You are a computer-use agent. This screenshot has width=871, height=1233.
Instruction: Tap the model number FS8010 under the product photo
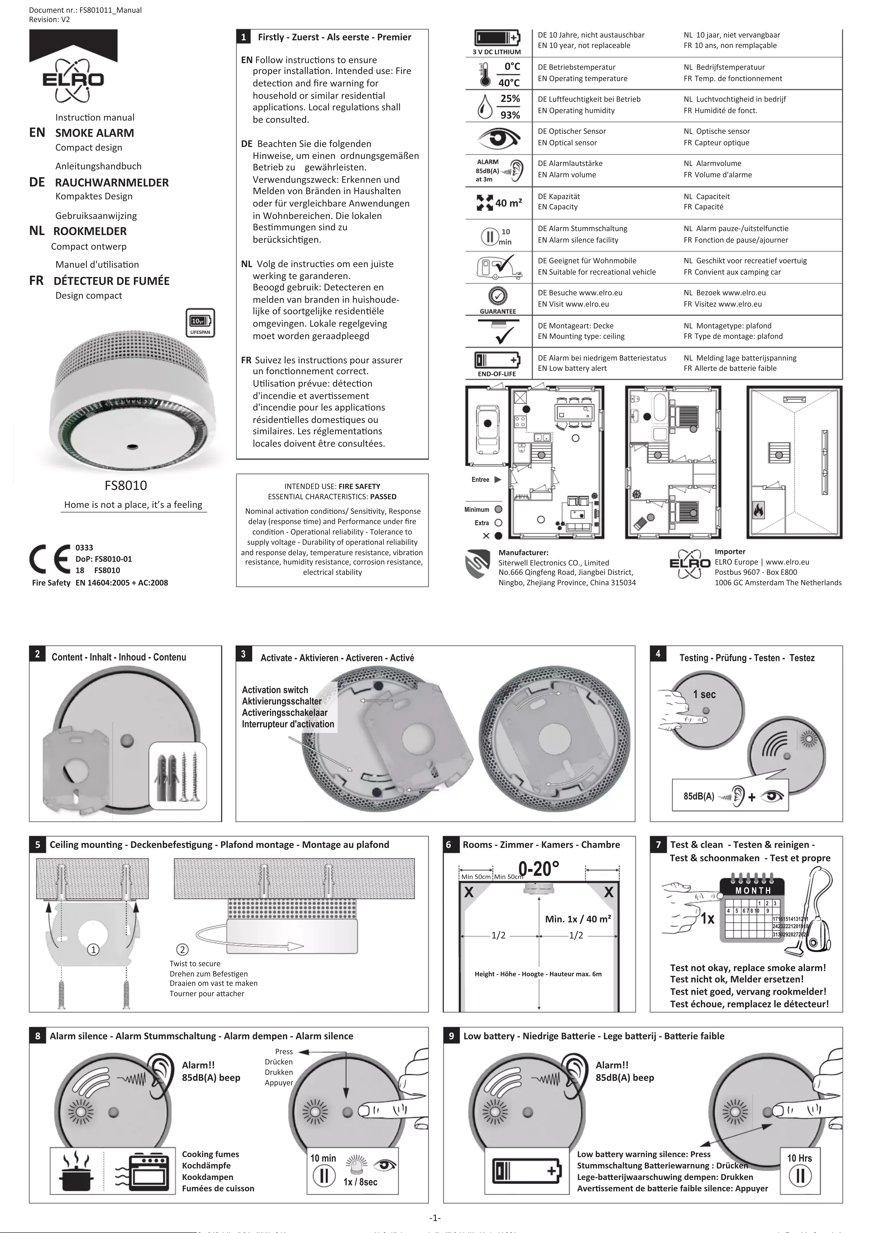click(x=126, y=485)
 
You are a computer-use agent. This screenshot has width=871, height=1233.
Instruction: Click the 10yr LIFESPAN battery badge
click(x=200, y=323)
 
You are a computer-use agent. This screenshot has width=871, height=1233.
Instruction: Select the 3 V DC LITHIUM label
click(x=496, y=52)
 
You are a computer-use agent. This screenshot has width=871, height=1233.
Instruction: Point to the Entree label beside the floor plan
click(x=480, y=480)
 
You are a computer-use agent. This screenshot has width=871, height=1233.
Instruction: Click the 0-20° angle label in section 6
click(x=539, y=868)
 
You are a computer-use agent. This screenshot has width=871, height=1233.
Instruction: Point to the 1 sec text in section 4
click(x=704, y=694)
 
